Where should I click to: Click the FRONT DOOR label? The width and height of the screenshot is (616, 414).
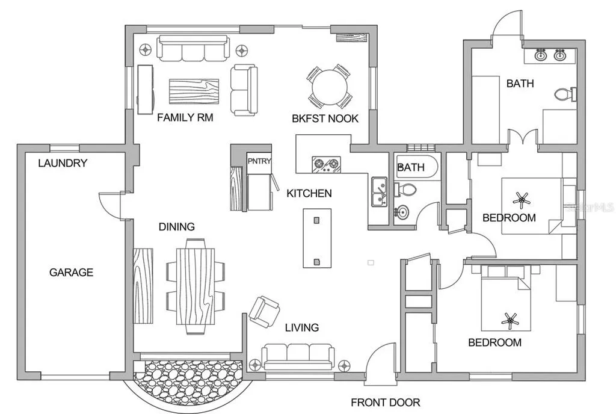pos(386,402)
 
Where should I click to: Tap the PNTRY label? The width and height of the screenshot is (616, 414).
pos(259,161)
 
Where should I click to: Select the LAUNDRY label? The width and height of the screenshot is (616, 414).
pos(63,163)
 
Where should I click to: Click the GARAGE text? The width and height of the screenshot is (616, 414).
pos(71,272)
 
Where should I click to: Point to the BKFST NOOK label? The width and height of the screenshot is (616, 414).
pos(325,119)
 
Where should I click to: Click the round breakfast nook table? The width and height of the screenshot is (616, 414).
pos(330,87)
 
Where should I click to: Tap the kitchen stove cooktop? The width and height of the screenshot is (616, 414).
pos(326,164)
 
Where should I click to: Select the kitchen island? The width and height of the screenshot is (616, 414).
pos(316,238)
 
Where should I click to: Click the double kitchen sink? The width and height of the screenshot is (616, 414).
pos(379,192)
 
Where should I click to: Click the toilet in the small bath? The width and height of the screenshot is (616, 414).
pos(405,190)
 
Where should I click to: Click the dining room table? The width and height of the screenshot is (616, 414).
pos(196,287)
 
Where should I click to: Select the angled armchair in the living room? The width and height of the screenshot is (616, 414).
pos(265,312)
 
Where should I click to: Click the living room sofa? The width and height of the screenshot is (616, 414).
pos(298,357)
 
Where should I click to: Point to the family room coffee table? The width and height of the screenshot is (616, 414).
pos(194,91)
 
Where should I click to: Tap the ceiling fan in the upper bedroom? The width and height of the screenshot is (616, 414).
pos(522,200)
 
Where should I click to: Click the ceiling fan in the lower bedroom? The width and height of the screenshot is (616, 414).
pos(510,321)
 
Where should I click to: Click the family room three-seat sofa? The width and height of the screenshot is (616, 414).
pos(193,48)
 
